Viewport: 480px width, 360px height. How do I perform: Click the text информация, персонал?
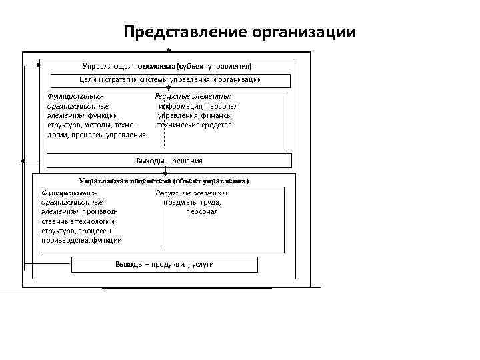(198, 106)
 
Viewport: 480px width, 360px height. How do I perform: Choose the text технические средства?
(195, 125)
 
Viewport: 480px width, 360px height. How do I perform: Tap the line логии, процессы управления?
(96, 135)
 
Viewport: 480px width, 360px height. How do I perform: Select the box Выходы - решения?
(169, 161)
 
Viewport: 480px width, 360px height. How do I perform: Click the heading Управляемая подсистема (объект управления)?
(164, 181)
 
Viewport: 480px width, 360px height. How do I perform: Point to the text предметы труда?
(193, 203)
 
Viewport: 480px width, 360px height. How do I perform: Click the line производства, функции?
(81, 240)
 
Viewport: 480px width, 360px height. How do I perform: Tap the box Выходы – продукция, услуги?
(164, 265)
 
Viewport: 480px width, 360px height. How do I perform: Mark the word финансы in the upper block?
(218, 115)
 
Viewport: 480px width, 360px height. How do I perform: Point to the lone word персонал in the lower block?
(202, 212)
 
